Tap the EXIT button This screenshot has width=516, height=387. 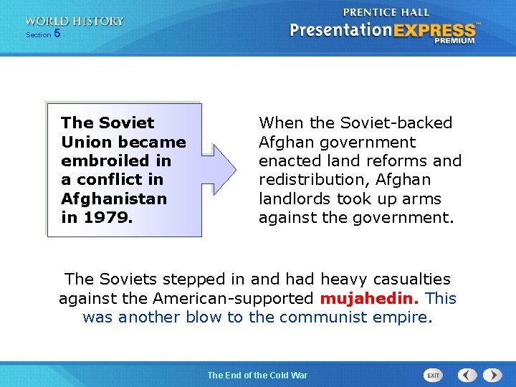(x=433, y=375)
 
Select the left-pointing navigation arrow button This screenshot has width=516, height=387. (x=467, y=375)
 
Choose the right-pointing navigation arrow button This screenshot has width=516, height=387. (x=492, y=375)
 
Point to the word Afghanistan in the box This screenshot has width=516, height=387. (x=114, y=199)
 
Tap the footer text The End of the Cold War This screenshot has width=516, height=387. (x=257, y=375)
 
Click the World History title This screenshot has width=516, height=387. (x=75, y=21)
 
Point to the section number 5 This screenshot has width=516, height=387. (x=57, y=34)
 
